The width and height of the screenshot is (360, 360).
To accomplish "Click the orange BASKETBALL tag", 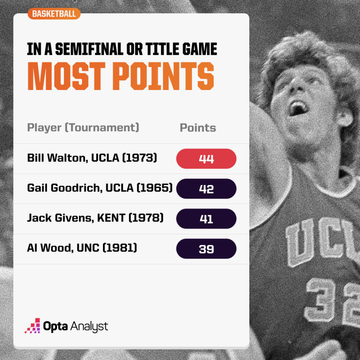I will (54, 14).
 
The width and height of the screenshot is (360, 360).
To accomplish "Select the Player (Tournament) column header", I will (83, 127).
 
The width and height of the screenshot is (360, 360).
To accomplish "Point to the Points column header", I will (198, 128).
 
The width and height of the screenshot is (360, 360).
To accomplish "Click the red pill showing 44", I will (206, 159).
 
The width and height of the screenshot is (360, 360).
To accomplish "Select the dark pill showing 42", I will (206, 189).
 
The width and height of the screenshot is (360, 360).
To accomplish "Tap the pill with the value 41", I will (206, 219).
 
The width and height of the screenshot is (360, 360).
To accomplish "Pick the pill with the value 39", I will (206, 249).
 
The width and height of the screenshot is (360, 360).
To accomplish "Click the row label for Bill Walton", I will (92, 158).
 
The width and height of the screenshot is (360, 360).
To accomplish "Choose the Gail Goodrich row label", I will (100, 188).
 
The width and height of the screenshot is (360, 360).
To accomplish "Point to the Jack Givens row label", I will (95, 218).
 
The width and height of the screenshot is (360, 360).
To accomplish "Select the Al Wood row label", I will (82, 248).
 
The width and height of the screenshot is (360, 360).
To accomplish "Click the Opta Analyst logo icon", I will (32, 326).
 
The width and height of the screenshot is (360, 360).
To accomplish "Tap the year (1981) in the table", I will (121, 248).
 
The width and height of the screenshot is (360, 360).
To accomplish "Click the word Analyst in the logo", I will (89, 326).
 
